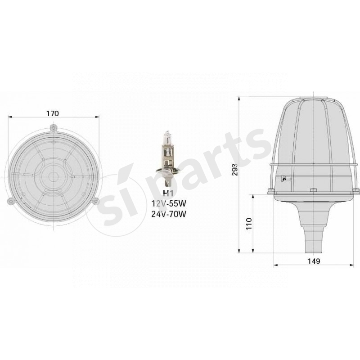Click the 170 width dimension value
click(x=53, y=113)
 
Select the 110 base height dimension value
click(x=248, y=224)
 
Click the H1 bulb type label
click(x=167, y=193)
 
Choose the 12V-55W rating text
click(x=168, y=204)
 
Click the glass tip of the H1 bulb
click(x=167, y=133)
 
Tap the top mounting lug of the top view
click(x=54, y=128)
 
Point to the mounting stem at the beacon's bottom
click(x=314, y=238)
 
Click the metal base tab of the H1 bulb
click(x=167, y=182)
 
